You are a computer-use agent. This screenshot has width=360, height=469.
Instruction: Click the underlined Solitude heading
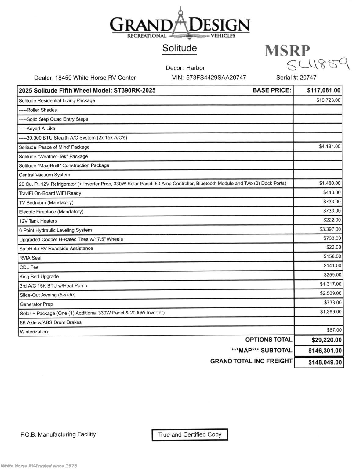(180, 48)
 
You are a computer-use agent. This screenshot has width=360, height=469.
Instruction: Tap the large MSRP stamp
(287, 51)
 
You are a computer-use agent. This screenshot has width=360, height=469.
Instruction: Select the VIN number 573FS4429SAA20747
(216, 78)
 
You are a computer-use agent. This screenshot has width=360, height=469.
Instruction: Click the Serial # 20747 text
(296, 78)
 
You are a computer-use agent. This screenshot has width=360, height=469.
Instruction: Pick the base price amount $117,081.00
(324, 90)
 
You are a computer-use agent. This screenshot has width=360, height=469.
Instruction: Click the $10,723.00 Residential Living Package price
(328, 100)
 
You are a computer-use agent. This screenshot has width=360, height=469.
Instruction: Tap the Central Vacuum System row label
(45, 175)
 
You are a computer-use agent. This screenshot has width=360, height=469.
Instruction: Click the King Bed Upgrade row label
(39, 277)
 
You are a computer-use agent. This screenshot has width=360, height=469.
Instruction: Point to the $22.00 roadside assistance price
(334, 247)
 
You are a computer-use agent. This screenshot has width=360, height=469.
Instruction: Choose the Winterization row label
(34, 332)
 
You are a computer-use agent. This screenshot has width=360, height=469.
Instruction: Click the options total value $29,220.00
(326, 340)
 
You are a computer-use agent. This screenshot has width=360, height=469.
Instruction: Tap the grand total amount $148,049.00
(325, 362)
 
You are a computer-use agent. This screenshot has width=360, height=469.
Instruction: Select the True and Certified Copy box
(190, 435)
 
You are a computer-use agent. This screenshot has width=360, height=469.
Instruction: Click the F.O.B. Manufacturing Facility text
(58, 434)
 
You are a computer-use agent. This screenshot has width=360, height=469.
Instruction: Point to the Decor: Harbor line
(185, 68)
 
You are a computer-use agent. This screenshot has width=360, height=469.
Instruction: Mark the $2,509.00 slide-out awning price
(331, 293)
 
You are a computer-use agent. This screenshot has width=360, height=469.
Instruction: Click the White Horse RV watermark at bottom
(39, 466)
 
